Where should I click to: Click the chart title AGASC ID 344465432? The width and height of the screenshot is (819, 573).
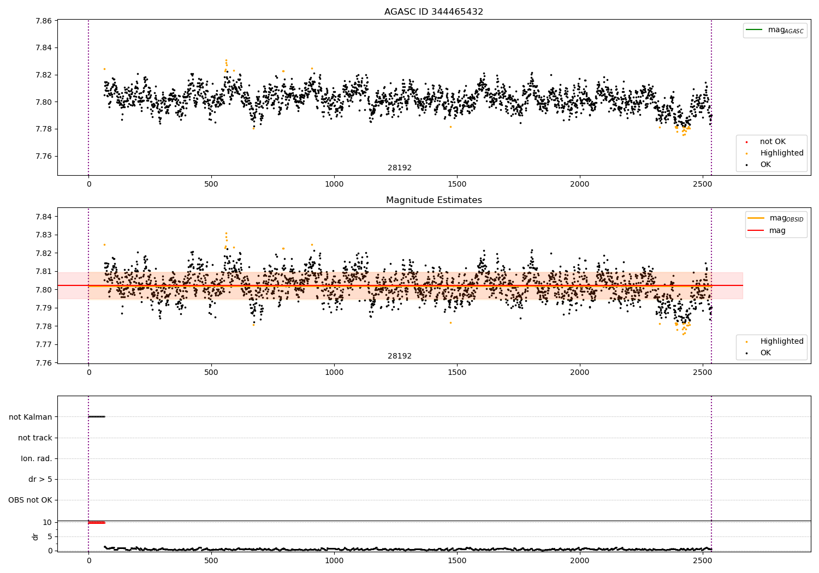434,12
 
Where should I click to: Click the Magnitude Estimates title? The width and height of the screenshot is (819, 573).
434,200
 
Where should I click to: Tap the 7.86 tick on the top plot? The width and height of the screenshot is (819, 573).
44,21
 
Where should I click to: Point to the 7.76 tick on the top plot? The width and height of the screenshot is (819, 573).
44,156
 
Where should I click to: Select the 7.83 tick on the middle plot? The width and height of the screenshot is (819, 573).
44,235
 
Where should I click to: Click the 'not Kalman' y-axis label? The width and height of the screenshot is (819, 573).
31,417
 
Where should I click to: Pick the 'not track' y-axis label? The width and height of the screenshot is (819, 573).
35,438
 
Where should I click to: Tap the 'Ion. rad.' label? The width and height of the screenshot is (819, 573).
37,458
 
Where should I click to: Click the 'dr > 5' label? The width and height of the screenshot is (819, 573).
40,479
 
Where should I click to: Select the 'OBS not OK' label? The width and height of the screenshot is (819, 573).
31,500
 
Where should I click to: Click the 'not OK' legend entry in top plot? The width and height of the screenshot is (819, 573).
773,142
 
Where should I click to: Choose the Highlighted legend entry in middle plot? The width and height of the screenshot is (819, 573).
781,342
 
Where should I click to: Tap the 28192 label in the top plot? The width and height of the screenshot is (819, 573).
400,168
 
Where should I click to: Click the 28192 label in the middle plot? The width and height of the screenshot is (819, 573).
400,356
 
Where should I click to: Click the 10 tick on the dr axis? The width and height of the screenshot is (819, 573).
48,522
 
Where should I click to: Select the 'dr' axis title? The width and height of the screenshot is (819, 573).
35,536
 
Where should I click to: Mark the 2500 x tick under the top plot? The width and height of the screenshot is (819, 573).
702,184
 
